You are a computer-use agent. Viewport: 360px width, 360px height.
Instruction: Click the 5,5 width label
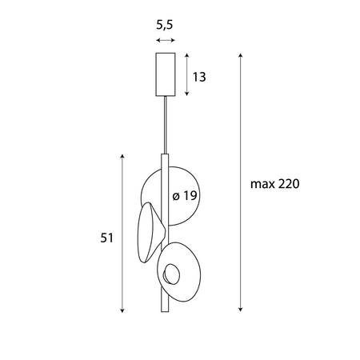(x=166, y=25)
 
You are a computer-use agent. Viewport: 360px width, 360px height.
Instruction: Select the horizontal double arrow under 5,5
(x=166, y=40)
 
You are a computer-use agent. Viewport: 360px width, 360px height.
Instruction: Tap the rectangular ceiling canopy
(x=165, y=73)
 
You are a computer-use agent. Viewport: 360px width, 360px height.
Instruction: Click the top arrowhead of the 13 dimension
(x=186, y=55)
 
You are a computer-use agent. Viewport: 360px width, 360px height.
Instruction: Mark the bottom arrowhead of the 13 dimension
(x=186, y=93)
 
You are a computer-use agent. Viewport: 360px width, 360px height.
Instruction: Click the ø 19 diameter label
(x=185, y=196)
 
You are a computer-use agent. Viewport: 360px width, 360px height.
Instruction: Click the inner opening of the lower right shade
(x=172, y=276)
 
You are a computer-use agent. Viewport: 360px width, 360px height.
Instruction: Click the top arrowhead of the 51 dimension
(x=122, y=157)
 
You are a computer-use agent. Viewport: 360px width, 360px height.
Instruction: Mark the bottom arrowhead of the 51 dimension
(x=122, y=310)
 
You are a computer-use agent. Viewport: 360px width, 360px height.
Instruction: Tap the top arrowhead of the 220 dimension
(x=240, y=55)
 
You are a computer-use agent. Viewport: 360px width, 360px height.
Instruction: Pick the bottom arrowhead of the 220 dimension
(x=240, y=310)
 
